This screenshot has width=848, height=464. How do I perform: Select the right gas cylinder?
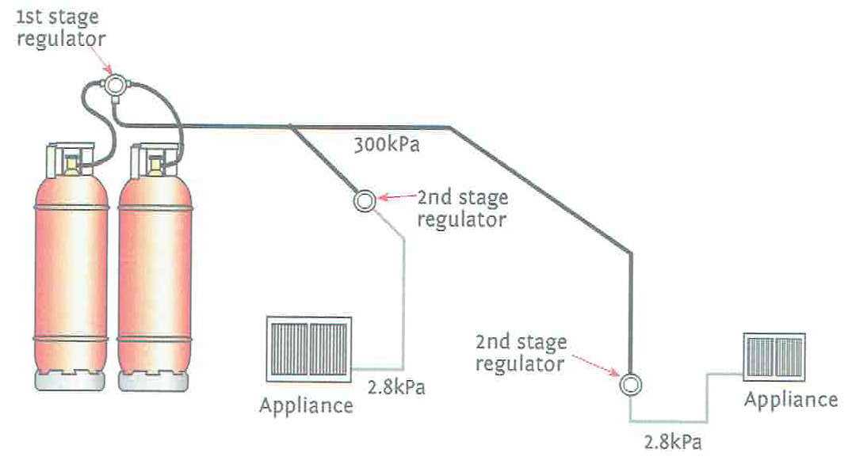point(155,269)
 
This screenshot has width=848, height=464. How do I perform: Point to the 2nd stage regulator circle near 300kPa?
point(364,200)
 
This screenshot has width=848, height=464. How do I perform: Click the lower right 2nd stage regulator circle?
point(631,385)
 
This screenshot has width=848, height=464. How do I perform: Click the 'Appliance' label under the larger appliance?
point(306,406)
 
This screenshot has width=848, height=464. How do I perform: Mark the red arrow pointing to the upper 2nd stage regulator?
point(396,198)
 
